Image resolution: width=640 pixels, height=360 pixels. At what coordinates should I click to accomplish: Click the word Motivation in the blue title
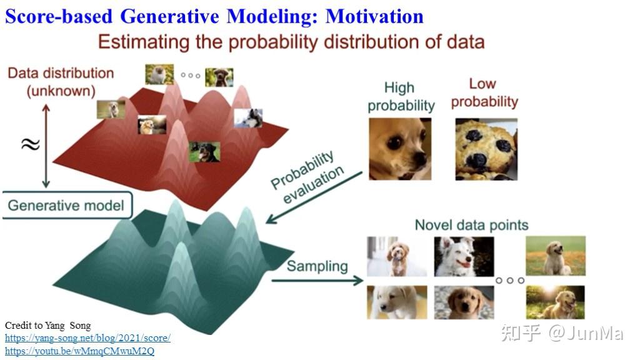click(374, 16)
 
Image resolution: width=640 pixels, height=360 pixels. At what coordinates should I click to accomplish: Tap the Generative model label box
click(67, 205)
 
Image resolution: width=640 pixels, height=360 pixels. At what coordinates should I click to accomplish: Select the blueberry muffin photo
click(486, 149)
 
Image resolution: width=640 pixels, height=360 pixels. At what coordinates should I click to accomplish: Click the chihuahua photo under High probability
click(400, 149)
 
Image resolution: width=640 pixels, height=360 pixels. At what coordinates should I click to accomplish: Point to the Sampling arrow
click(317, 281)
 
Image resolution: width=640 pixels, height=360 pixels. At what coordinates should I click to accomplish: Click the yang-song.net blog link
click(87, 338)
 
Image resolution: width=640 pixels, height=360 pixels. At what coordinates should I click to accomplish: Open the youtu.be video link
click(79, 351)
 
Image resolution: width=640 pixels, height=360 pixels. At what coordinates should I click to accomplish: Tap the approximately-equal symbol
click(31, 144)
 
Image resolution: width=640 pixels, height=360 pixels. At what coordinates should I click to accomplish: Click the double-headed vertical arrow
click(46, 146)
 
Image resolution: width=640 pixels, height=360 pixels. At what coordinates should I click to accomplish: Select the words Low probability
click(484, 92)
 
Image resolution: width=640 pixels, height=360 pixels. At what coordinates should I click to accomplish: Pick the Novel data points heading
click(471, 225)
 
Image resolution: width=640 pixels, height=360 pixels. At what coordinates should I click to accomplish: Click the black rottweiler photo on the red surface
click(204, 152)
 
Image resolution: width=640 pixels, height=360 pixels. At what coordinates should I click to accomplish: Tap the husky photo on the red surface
click(248, 118)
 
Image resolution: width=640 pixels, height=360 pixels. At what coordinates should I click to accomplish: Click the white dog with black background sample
click(464, 257)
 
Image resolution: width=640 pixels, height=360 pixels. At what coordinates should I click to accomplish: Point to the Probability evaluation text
click(307, 177)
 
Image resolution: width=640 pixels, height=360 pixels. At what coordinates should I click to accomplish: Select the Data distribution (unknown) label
click(61, 82)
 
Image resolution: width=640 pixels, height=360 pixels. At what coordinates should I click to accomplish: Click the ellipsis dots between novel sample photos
click(510, 281)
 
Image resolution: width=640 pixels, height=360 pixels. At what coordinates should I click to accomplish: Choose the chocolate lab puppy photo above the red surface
click(219, 77)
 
